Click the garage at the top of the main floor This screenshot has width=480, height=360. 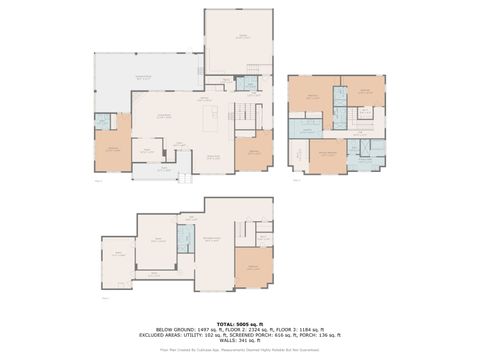pos(238,40)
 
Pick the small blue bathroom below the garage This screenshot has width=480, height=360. pos(253,85)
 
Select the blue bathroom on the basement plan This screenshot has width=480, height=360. pos(185,238)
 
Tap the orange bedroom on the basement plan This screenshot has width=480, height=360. pos(253,268)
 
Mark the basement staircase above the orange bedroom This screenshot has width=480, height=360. pos(263,238)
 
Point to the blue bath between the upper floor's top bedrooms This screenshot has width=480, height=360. pos(340,97)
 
